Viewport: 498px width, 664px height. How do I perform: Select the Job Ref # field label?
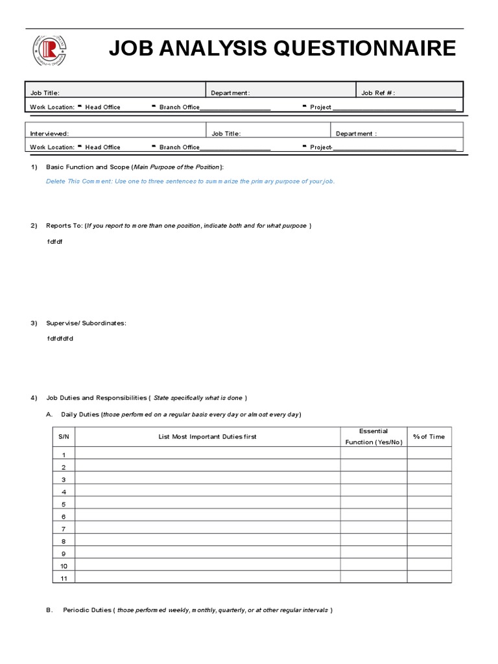(378, 93)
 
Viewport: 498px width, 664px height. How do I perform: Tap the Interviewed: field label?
(49, 134)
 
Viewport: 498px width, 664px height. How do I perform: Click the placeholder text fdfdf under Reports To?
(55, 241)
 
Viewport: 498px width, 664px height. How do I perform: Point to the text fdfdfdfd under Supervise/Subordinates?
(60, 338)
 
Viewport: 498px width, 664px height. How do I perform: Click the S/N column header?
(64, 436)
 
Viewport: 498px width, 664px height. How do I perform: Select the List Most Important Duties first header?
(207, 436)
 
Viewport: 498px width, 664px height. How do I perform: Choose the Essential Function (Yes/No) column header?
(373, 436)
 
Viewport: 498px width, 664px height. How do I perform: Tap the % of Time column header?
(429, 436)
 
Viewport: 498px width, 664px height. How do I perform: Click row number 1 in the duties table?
(64, 455)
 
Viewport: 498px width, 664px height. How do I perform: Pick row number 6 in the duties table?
(64, 517)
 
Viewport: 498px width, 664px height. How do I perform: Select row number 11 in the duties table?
(64, 578)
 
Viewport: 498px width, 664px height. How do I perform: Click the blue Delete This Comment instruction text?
(190, 182)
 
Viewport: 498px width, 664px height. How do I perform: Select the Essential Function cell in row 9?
(373, 553)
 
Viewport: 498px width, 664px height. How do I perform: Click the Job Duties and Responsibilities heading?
(146, 397)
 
